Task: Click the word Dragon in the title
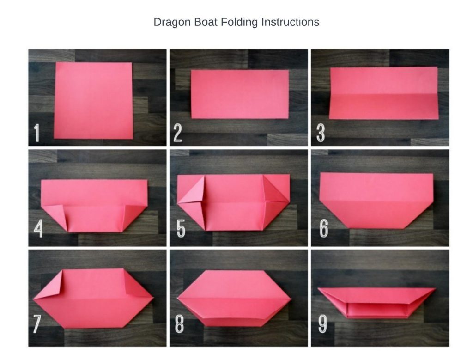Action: pyautogui.click(x=172, y=23)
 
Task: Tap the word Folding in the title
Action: pyautogui.click(x=239, y=23)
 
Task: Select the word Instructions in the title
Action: pyautogui.click(x=290, y=22)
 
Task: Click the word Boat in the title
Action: pyautogui.click(x=206, y=22)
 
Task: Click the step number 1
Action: pyautogui.click(x=36, y=133)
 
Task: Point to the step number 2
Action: pyautogui.click(x=178, y=133)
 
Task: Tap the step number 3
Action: pyautogui.click(x=321, y=133)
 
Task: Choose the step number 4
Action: pyautogui.click(x=38, y=228)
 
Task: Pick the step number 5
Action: pyautogui.click(x=181, y=228)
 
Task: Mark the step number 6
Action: pyautogui.click(x=324, y=228)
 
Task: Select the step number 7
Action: pyautogui.click(x=36, y=324)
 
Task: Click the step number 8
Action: pyautogui.click(x=179, y=324)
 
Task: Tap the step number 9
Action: pyautogui.click(x=322, y=324)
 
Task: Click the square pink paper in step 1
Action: pyautogui.click(x=93, y=101)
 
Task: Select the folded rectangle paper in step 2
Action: pyautogui.click(x=240, y=94)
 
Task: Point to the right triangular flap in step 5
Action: pyautogui.click(x=276, y=189)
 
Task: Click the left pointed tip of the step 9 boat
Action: pyautogui.click(x=318, y=289)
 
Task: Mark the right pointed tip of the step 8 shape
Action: pyautogui.click(x=291, y=299)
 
